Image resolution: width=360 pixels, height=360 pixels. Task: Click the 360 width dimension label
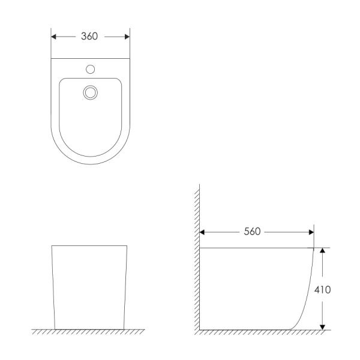(89, 36)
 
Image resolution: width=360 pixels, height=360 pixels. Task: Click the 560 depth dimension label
(252, 232)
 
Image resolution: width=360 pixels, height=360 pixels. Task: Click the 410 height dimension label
(323, 290)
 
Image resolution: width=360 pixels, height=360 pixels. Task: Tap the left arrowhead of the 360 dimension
(53, 37)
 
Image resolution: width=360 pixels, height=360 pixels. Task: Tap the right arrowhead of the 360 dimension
(127, 37)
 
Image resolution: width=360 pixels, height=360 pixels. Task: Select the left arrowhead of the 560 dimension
(202, 232)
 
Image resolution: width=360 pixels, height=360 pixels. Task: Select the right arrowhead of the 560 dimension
(311, 232)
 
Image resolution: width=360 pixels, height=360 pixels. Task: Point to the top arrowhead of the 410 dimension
(323, 250)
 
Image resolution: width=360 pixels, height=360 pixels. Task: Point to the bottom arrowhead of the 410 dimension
(323, 327)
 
